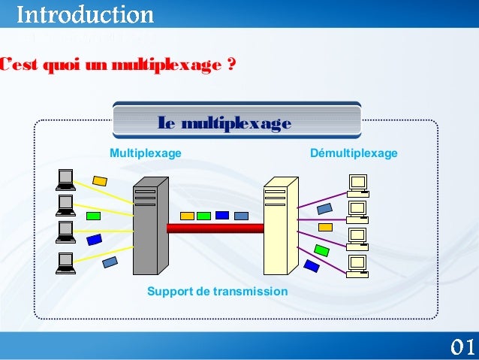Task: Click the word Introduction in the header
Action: coord(85,14)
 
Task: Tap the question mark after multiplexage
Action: coord(228,66)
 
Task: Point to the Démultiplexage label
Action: coord(354,153)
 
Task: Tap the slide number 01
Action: coord(462,346)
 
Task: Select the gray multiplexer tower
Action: coord(149,225)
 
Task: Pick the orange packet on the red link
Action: coord(187,216)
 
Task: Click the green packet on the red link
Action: coord(205,216)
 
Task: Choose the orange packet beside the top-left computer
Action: coord(99,181)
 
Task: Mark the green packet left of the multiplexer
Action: coord(93,216)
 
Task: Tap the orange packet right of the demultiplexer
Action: coord(325,226)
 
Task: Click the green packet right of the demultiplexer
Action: coord(321,250)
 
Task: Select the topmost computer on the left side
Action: coord(65,178)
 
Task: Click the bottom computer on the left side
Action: coord(65,263)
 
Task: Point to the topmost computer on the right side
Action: coord(358,184)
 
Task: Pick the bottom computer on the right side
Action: coord(358,264)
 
